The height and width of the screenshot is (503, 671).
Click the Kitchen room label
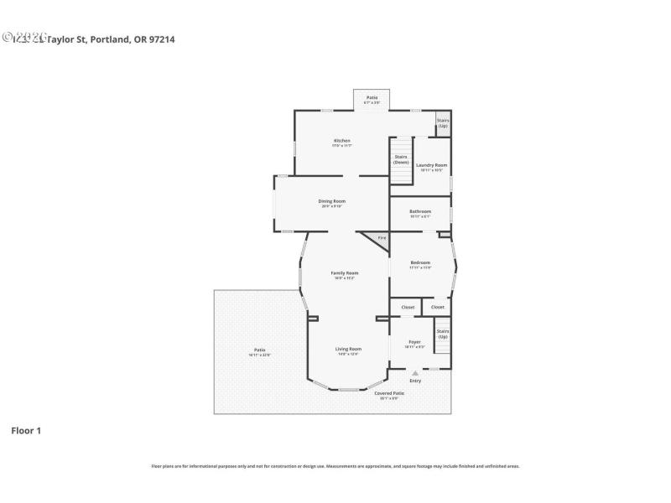[341, 141]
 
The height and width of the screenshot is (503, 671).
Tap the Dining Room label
[331, 201]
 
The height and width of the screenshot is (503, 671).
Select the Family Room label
[345, 273]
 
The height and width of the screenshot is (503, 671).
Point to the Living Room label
[349, 350]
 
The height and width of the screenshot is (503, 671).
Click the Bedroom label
[420, 263]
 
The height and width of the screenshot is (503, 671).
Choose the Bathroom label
[420, 211]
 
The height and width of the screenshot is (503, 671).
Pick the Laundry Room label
[431, 166]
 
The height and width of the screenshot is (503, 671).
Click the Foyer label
[414, 343]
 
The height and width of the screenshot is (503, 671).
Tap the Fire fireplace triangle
[380, 239]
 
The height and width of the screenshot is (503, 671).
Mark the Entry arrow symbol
[415, 372]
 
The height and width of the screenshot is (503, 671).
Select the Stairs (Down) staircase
[402, 159]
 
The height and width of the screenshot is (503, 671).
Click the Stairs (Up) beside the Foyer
[443, 334]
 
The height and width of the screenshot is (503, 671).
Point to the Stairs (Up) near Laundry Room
[443, 122]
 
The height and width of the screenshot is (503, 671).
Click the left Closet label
[408, 308]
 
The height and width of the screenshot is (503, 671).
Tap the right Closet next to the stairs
[438, 308]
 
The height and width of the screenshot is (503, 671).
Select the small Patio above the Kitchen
[372, 99]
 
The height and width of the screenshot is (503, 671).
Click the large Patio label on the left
[259, 350]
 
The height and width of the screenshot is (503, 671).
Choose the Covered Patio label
[389, 394]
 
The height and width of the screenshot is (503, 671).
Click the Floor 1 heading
[25, 431]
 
